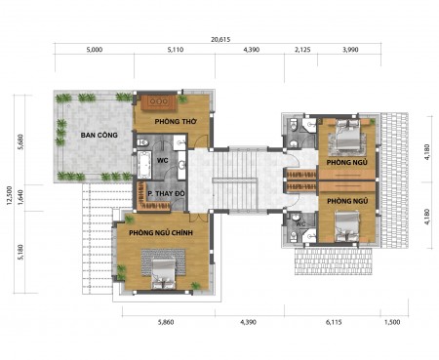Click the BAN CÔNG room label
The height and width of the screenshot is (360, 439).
[x=100, y=135]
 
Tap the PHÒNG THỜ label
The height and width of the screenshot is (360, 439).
[x=176, y=121]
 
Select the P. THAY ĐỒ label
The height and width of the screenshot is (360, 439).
[x=166, y=193]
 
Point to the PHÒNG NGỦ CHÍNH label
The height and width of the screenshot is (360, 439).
[x=161, y=232]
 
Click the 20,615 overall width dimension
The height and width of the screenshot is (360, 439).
[x=220, y=40]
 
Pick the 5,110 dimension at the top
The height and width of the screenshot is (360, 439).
[x=176, y=50]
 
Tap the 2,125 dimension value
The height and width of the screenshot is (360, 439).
[x=302, y=50]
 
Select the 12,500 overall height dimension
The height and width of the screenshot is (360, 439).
[x=9, y=195]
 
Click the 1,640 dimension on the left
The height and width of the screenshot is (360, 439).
[x=20, y=197]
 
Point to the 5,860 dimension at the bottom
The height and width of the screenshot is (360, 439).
[x=166, y=322]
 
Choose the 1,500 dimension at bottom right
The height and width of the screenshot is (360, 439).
[x=392, y=322]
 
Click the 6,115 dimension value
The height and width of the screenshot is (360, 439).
[x=334, y=322]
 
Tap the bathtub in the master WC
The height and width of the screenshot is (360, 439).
[x=143, y=164]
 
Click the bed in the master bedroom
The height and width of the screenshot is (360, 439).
[x=164, y=273]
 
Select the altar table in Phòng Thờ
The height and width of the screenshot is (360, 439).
[x=159, y=101]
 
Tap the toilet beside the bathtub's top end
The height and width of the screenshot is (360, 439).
[x=142, y=142]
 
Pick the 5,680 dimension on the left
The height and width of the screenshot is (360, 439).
[x=20, y=141]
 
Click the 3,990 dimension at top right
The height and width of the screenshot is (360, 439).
[x=350, y=50]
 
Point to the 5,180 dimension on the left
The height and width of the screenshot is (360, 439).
[x=20, y=252]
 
